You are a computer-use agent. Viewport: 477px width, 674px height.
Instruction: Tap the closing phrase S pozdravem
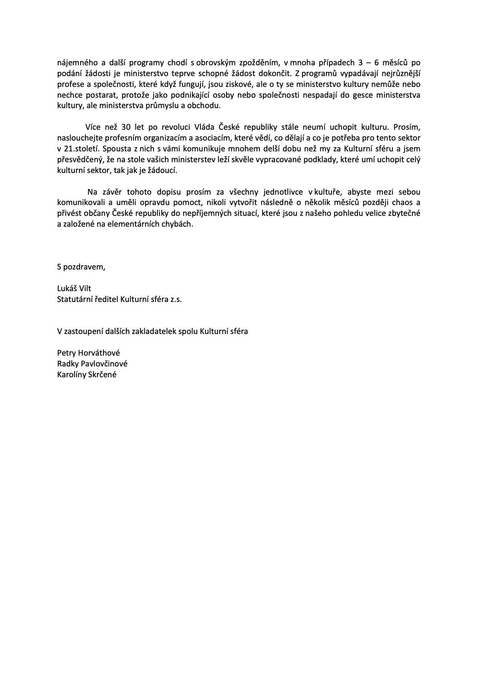(81, 267)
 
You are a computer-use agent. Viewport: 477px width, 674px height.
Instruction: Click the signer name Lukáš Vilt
(74, 288)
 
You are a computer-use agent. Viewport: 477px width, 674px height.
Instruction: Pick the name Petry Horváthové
(89, 353)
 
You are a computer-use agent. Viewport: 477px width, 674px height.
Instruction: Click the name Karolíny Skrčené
(87, 375)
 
